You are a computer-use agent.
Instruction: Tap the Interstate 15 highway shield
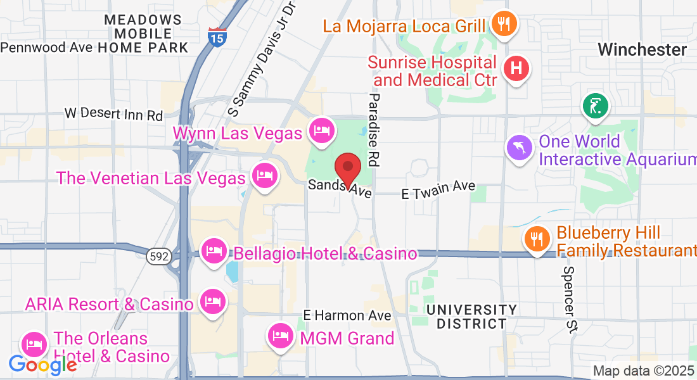[215, 37]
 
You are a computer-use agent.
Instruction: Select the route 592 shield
[156, 256]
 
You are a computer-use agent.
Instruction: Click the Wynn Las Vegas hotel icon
[321, 130]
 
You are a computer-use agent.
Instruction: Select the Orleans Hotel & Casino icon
[34, 345]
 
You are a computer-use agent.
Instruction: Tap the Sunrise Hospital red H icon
[516, 68]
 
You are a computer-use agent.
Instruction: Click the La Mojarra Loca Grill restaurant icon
[504, 24]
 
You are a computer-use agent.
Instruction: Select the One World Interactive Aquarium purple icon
[518, 148]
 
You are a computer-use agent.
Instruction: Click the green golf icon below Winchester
[596, 105]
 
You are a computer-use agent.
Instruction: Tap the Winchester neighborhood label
[642, 49]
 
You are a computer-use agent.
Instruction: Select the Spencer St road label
[570, 299]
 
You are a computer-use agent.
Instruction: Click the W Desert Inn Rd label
[114, 114]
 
